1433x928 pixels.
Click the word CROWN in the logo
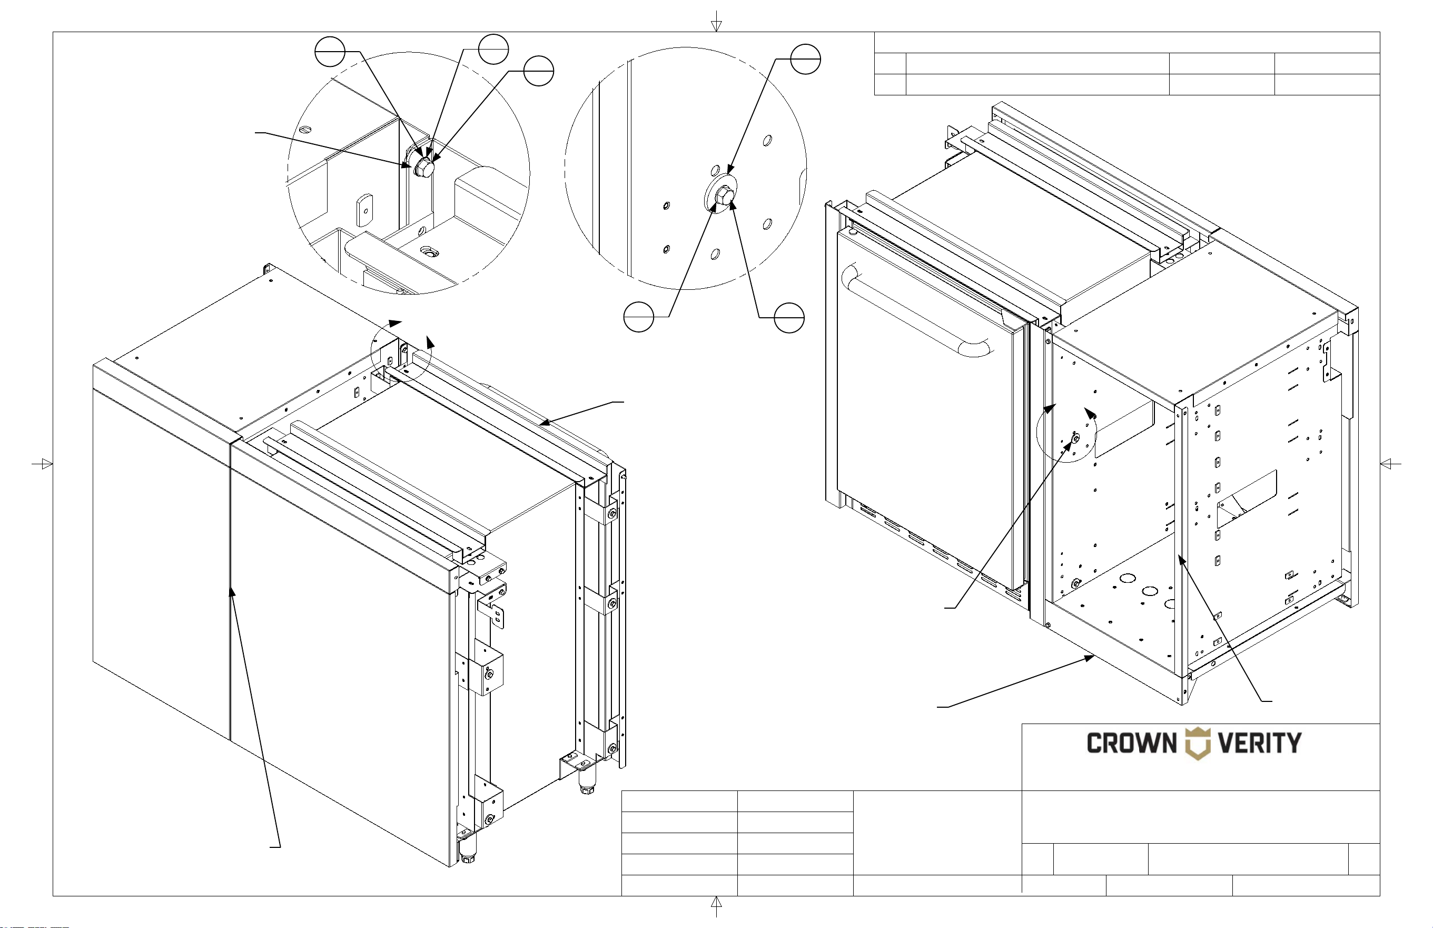point(1131,743)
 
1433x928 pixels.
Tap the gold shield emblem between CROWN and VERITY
point(1198,744)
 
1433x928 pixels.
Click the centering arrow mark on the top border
point(716,21)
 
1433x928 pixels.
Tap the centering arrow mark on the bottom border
point(716,906)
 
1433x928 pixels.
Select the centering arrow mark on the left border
point(42,464)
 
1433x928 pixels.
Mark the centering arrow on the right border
point(1390,464)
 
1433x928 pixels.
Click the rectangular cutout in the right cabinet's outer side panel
point(1247,499)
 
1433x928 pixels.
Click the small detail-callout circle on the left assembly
point(401,352)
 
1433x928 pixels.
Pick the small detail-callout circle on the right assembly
point(1066,432)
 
